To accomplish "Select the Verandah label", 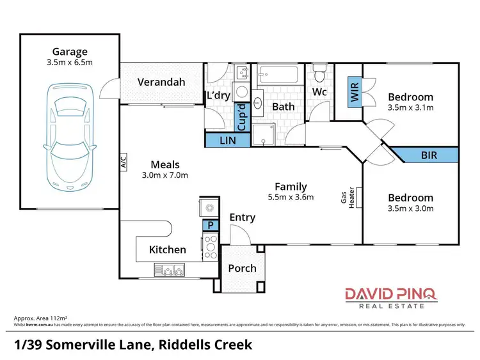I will coord(162,82).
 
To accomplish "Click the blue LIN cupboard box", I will coord(227,140).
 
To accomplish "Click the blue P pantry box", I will coord(210,225).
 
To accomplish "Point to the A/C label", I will coord(124,163).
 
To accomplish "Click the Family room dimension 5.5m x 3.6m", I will coord(290,197).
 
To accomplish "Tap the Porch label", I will coord(242,268).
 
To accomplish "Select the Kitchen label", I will coord(168,249).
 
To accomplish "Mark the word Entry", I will coord(242,217).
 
